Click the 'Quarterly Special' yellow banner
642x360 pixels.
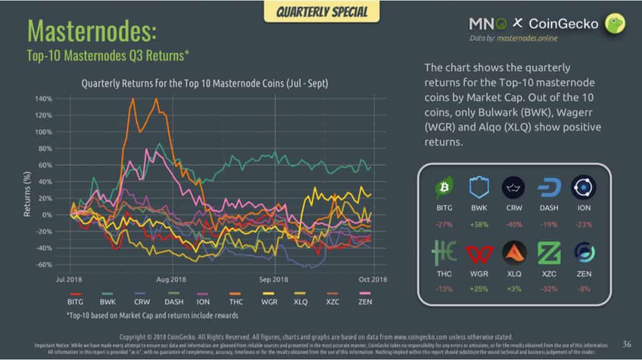(x=322, y=12)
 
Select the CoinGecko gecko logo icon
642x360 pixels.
(x=615, y=24)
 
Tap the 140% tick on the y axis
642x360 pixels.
(x=44, y=99)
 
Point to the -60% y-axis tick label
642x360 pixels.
(x=43, y=264)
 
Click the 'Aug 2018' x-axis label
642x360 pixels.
(x=171, y=280)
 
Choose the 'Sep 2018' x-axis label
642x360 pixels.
(x=273, y=280)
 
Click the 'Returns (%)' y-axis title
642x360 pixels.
(x=27, y=195)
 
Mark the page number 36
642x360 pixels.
(x=627, y=344)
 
